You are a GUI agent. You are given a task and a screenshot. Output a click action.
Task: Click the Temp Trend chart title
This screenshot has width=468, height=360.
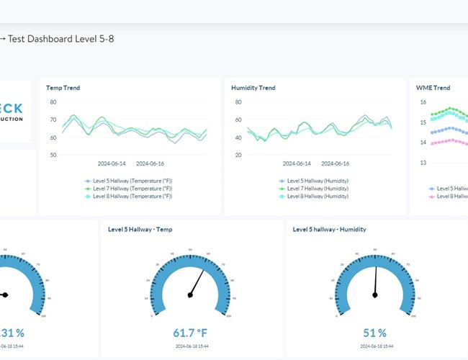pyautogui.click(x=63, y=88)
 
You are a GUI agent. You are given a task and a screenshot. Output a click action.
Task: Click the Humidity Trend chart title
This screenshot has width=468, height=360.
pyautogui.click(x=253, y=88)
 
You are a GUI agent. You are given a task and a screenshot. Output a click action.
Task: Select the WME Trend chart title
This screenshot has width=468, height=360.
pyautogui.click(x=433, y=88)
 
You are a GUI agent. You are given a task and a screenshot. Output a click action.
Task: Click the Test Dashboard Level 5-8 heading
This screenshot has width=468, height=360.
pyautogui.click(x=60, y=38)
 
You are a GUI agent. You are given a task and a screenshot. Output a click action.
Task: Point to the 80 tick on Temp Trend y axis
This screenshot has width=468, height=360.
pyautogui.click(x=53, y=102)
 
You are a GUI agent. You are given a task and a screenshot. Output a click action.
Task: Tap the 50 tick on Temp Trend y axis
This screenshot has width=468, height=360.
pyautogui.click(x=53, y=155)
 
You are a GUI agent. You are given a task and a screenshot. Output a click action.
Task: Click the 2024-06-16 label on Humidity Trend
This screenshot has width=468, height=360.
pyautogui.click(x=336, y=163)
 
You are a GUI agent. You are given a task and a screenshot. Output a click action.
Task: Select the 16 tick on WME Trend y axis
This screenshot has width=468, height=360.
pyautogui.click(x=423, y=102)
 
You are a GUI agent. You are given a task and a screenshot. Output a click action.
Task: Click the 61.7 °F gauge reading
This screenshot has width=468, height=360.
pyautogui.click(x=189, y=333)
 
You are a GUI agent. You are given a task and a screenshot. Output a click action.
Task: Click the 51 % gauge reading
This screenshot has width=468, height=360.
pyautogui.click(x=374, y=333)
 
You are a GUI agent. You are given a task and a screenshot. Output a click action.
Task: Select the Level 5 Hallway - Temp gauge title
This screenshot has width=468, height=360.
pyautogui.click(x=140, y=230)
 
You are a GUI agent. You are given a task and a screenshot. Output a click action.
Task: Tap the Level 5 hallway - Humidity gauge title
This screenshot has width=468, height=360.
pyautogui.click(x=329, y=230)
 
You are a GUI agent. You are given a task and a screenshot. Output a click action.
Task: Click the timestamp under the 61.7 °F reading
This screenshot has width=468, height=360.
pyautogui.click(x=189, y=346)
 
